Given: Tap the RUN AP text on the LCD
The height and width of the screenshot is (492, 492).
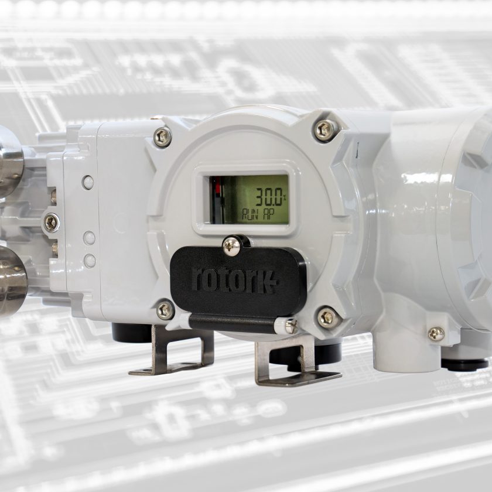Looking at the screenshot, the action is pyautogui.click(x=257, y=215).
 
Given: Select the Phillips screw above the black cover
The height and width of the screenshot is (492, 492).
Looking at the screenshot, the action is pyautogui.click(x=231, y=246).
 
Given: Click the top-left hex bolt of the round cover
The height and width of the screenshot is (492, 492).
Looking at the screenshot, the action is pyautogui.click(x=162, y=137).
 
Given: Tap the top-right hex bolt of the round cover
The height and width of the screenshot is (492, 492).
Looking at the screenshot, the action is pyautogui.click(x=326, y=129).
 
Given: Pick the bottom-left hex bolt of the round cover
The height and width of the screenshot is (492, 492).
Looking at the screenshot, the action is pyautogui.click(x=165, y=310).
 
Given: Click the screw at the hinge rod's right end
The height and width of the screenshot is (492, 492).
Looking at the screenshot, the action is pyautogui.click(x=291, y=326).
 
